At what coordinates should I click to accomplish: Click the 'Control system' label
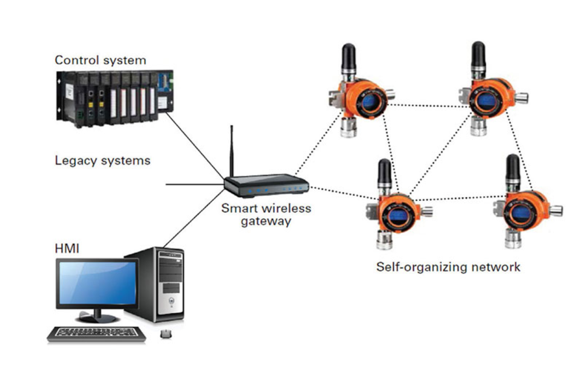[100, 60]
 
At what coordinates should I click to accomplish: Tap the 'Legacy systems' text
[102, 161]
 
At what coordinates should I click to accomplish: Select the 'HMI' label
[67, 248]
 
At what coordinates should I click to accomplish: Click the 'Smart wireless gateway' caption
[266, 214]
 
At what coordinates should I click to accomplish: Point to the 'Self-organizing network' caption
[448, 267]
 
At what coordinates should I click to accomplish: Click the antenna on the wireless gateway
[232, 150]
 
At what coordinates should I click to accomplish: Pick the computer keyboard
[97, 334]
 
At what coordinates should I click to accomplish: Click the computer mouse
[166, 334]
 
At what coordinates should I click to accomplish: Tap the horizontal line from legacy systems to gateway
[194, 184]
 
